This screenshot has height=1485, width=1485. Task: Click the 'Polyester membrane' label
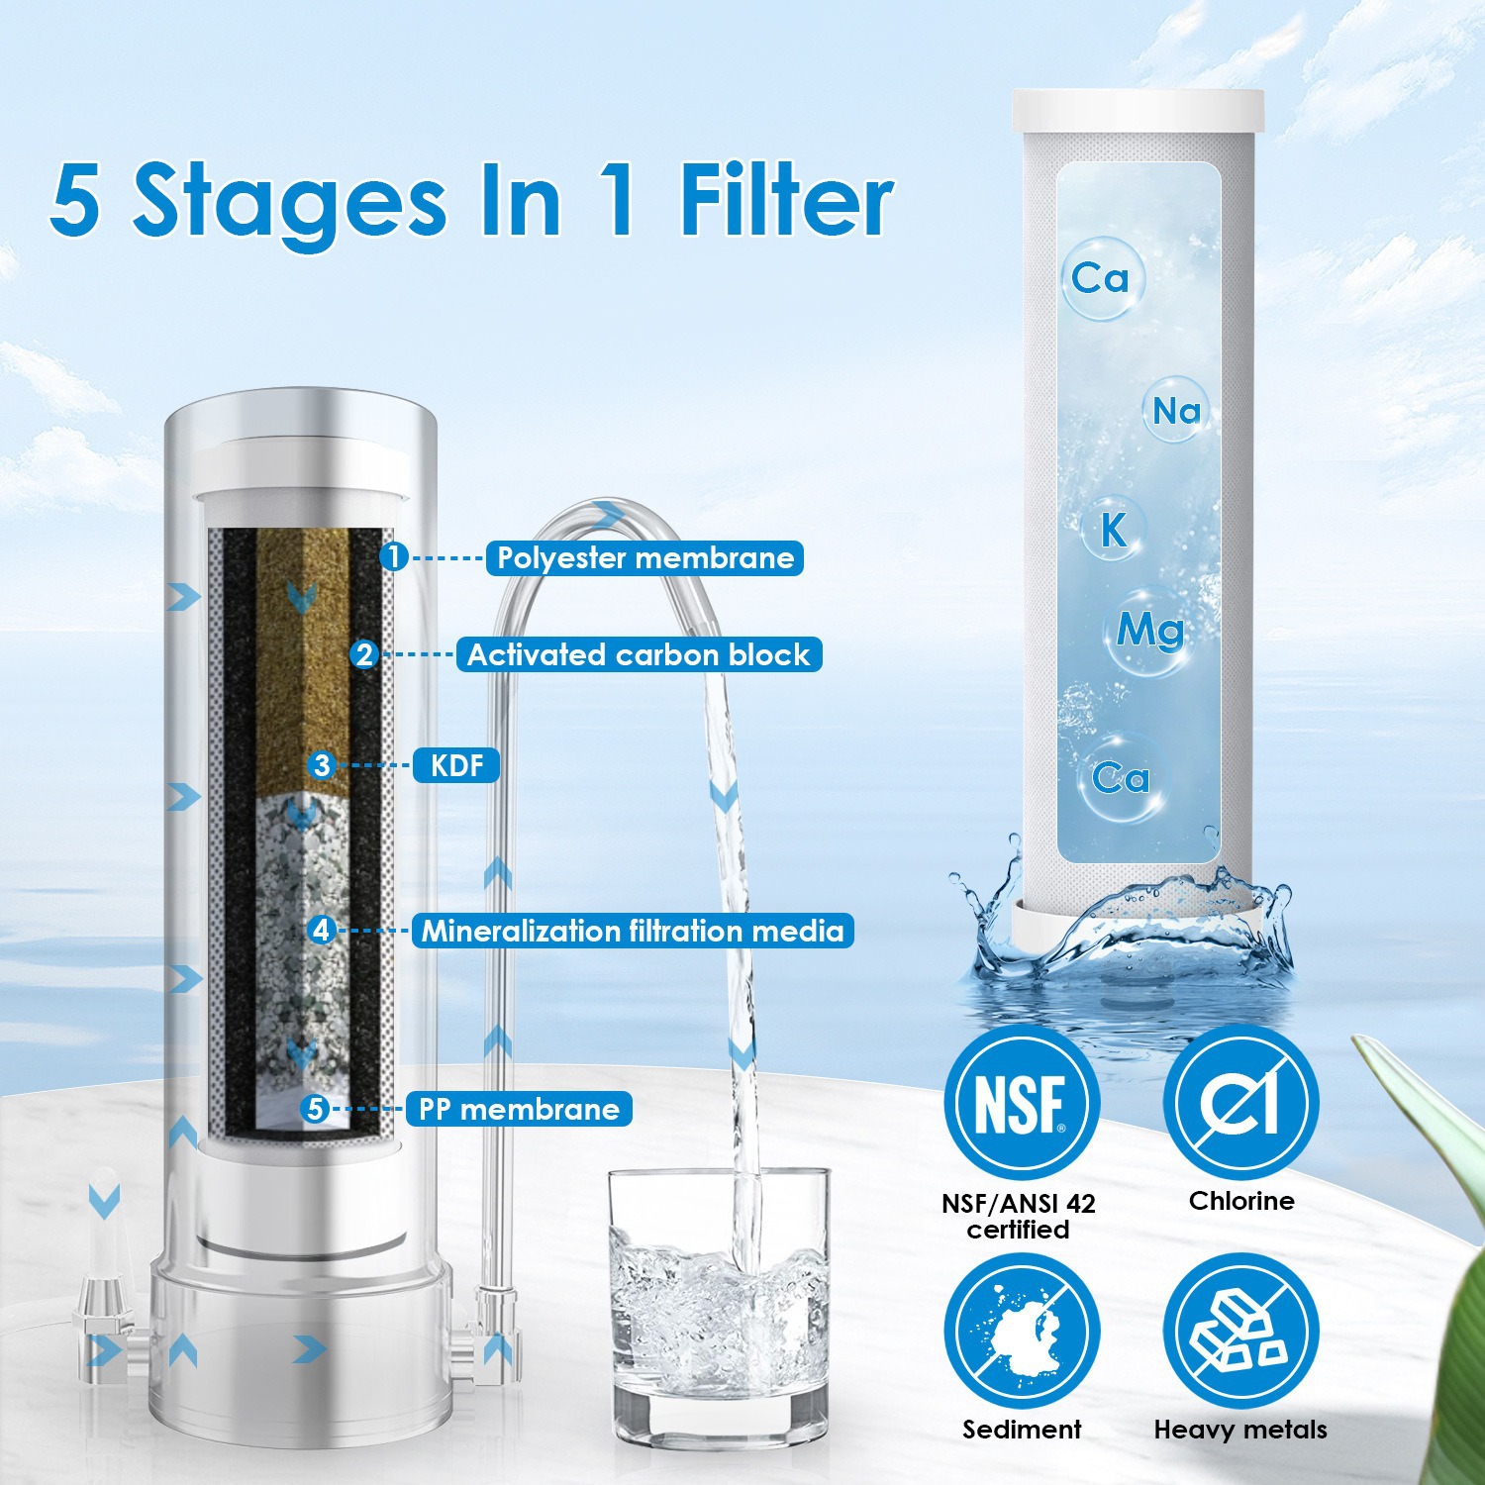644,558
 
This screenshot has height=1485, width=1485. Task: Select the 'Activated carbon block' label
639,655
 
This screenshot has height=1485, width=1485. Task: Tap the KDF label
456,765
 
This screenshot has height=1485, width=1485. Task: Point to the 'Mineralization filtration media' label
633,931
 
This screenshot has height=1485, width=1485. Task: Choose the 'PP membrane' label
519,1109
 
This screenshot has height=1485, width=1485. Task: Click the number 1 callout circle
394,557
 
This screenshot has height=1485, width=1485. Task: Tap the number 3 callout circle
322,765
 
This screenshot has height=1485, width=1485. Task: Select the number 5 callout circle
316,1109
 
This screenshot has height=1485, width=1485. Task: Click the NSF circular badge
1020,1103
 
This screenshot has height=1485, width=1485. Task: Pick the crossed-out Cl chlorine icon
1240,1103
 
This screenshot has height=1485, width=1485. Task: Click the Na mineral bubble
1176,410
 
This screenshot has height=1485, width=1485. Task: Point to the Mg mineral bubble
1148,630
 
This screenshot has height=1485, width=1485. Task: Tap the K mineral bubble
1114,530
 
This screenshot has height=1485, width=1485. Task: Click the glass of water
718,1317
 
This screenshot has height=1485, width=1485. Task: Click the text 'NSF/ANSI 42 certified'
1019,1217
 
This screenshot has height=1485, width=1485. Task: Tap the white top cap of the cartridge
1138,111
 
